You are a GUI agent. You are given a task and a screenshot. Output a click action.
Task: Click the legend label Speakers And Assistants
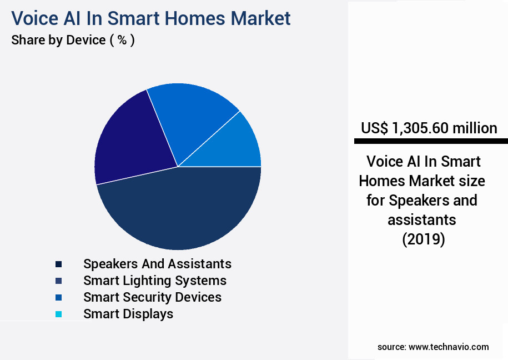click(x=157, y=263)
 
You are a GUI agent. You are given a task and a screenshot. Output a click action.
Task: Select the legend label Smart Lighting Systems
click(x=155, y=280)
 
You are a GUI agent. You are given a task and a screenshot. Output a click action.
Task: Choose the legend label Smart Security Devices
click(x=152, y=297)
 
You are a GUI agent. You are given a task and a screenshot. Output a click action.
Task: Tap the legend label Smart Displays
click(x=128, y=313)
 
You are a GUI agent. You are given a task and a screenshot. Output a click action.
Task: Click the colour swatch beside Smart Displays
click(x=58, y=314)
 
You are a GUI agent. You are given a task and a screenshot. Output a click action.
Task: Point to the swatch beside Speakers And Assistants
click(x=58, y=264)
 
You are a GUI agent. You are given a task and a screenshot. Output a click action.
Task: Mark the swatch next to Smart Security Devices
click(x=58, y=297)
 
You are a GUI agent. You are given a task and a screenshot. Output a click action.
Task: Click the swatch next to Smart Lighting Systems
click(x=58, y=281)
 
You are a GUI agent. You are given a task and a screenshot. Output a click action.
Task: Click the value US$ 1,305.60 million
click(x=429, y=128)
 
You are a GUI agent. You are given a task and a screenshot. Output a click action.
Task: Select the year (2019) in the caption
click(x=423, y=239)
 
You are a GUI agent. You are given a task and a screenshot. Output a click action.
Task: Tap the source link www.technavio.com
click(x=449, y=347)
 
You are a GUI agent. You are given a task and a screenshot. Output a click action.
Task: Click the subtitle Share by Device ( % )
click(x=73, y=40)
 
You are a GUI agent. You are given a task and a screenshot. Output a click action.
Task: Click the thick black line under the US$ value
click(x=430, y=142)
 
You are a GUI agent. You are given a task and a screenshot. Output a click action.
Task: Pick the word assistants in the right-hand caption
click(x=422, y=219)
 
